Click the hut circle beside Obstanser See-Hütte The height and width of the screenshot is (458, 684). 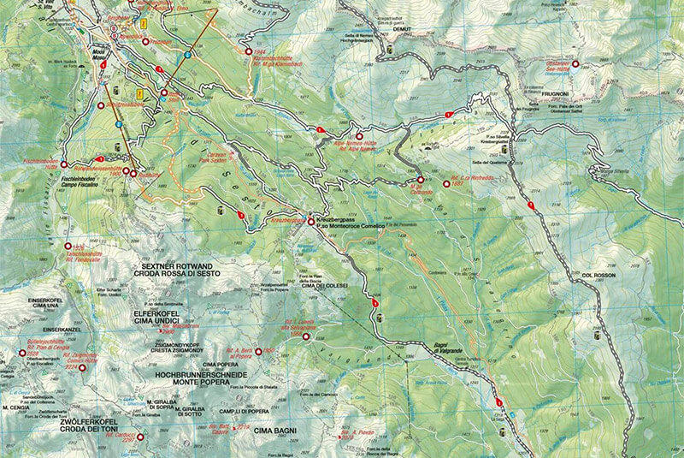[x=575, y=64]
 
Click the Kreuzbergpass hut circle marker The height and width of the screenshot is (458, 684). [x=311, y=215]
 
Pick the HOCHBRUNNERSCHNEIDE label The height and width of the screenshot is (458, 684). [x=203, y=375]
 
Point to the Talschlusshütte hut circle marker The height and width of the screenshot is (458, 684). [x=68, y=246]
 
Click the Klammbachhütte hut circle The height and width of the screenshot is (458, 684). [x=252, y=52]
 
